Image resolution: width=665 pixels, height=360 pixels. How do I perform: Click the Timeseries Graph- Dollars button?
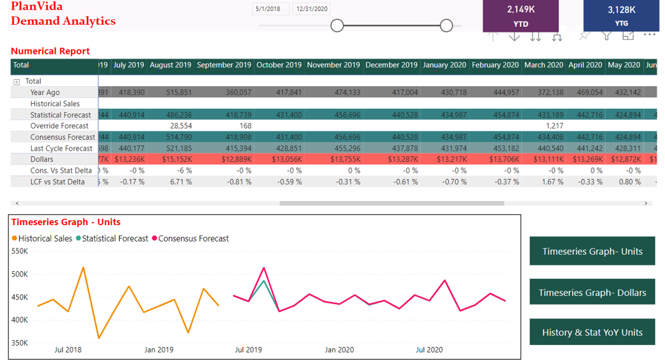(x=592, y=292)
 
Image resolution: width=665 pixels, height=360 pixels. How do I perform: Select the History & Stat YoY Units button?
(x=592, y=332)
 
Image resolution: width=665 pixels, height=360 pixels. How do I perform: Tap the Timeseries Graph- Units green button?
(x=592, y=251)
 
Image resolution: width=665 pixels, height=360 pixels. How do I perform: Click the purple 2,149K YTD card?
(x=520, y=16)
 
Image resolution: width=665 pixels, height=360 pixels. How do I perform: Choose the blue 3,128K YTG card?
(x=621, y=16)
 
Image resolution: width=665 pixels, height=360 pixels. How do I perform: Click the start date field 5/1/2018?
(x=271, y=9)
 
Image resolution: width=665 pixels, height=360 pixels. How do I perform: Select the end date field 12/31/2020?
(x=311, y=9)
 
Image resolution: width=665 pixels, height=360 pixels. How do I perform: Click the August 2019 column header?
(x=170, y=65)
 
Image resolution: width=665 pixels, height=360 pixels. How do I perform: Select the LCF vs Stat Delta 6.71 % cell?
(x=180, y=182)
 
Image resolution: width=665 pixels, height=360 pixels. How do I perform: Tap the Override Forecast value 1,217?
(x=553, y=126)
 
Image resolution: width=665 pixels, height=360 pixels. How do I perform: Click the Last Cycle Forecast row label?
(x=61, y=148)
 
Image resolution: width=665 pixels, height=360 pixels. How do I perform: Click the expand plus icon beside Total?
(x=17, y=81)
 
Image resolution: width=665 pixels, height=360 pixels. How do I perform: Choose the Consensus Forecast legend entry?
(x=193, y=238)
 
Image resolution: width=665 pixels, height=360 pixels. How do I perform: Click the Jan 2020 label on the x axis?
(x=339, y=350)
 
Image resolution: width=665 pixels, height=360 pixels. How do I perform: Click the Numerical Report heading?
(x=50, y=51)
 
